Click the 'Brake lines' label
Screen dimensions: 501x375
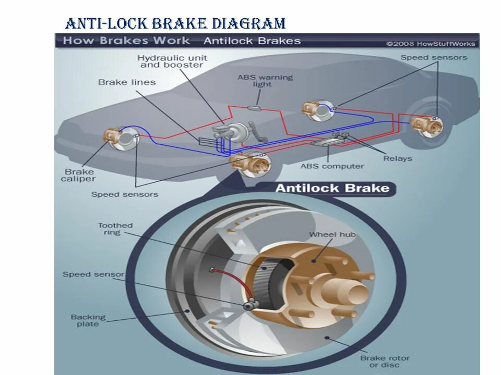[127, 82]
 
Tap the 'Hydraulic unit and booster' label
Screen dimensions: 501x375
[172, 61]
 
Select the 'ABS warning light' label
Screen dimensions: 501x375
[265, 81]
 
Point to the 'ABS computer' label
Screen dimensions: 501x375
[332, 166]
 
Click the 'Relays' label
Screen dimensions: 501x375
[398, 158]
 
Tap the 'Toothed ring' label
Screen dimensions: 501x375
[115, 229]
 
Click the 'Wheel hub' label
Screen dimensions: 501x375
[332, 235]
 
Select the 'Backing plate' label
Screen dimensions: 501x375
[88, 320]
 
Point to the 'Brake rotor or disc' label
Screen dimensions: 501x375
[385, 361]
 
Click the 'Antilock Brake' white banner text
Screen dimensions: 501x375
[332, 188]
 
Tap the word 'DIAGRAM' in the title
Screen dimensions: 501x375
[249, 23]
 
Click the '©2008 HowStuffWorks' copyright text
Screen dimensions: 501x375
[431, 44]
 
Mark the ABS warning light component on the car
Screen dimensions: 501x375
[254, 108]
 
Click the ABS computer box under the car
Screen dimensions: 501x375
[323, 142]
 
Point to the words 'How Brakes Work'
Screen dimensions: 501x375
[126, 41]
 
